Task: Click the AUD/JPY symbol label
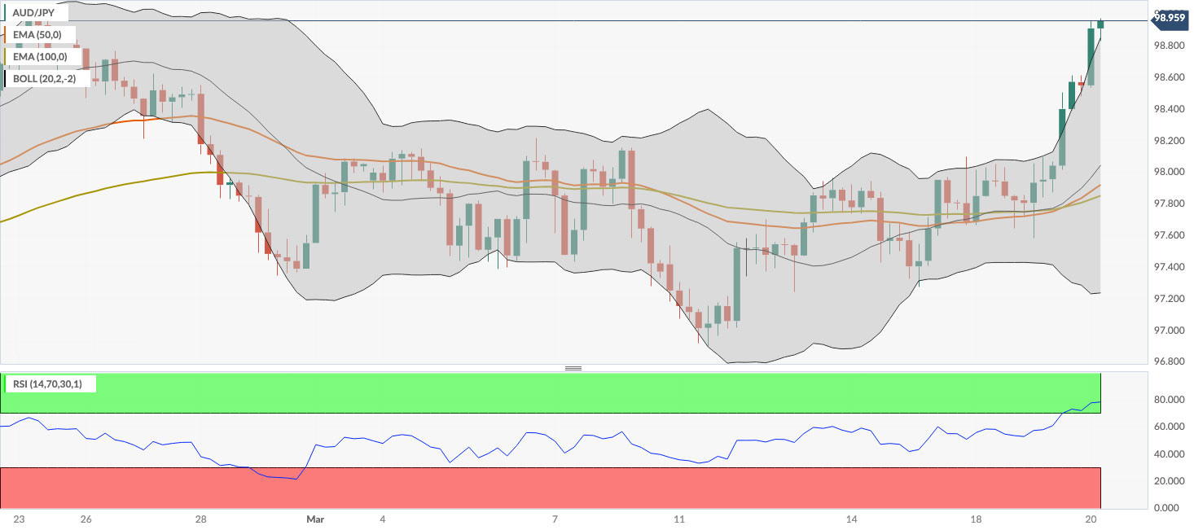point(34,13)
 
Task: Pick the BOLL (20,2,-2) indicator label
point(46,79)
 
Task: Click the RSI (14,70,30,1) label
point(50,383)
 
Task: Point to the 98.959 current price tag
point(1170,18)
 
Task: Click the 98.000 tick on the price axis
point(1169,172)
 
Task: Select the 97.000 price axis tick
point(1169,331)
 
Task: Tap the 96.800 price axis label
point(1169,361)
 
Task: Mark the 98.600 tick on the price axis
point(1169,77)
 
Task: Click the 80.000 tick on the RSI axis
point(1169,400)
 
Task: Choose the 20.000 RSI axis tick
point(1169,481)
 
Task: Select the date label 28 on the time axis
point(201,519)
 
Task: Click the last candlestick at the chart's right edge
point(1100,24)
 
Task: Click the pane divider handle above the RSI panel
point(573,368)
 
